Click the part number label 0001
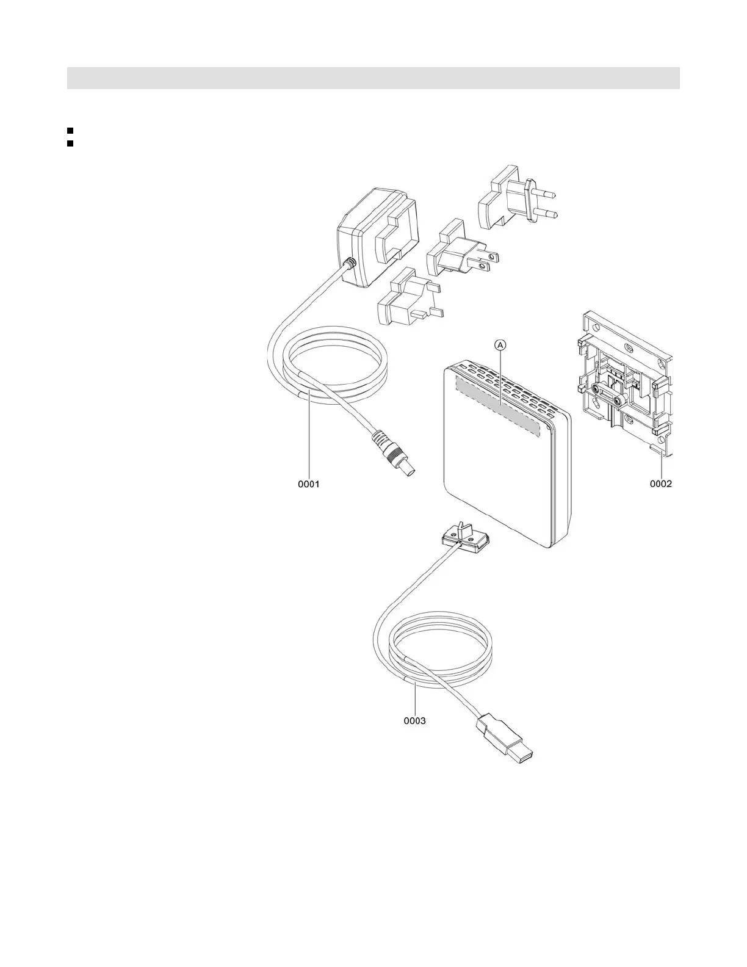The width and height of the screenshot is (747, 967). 309,484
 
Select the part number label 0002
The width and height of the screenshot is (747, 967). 660,484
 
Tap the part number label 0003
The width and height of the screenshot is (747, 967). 414,720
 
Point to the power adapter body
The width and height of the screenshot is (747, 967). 378,235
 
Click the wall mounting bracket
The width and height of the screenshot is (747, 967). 626,385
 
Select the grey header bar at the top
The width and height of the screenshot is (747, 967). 373,78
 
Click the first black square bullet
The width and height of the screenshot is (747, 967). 70,131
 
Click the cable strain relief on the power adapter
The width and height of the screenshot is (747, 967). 350,264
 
